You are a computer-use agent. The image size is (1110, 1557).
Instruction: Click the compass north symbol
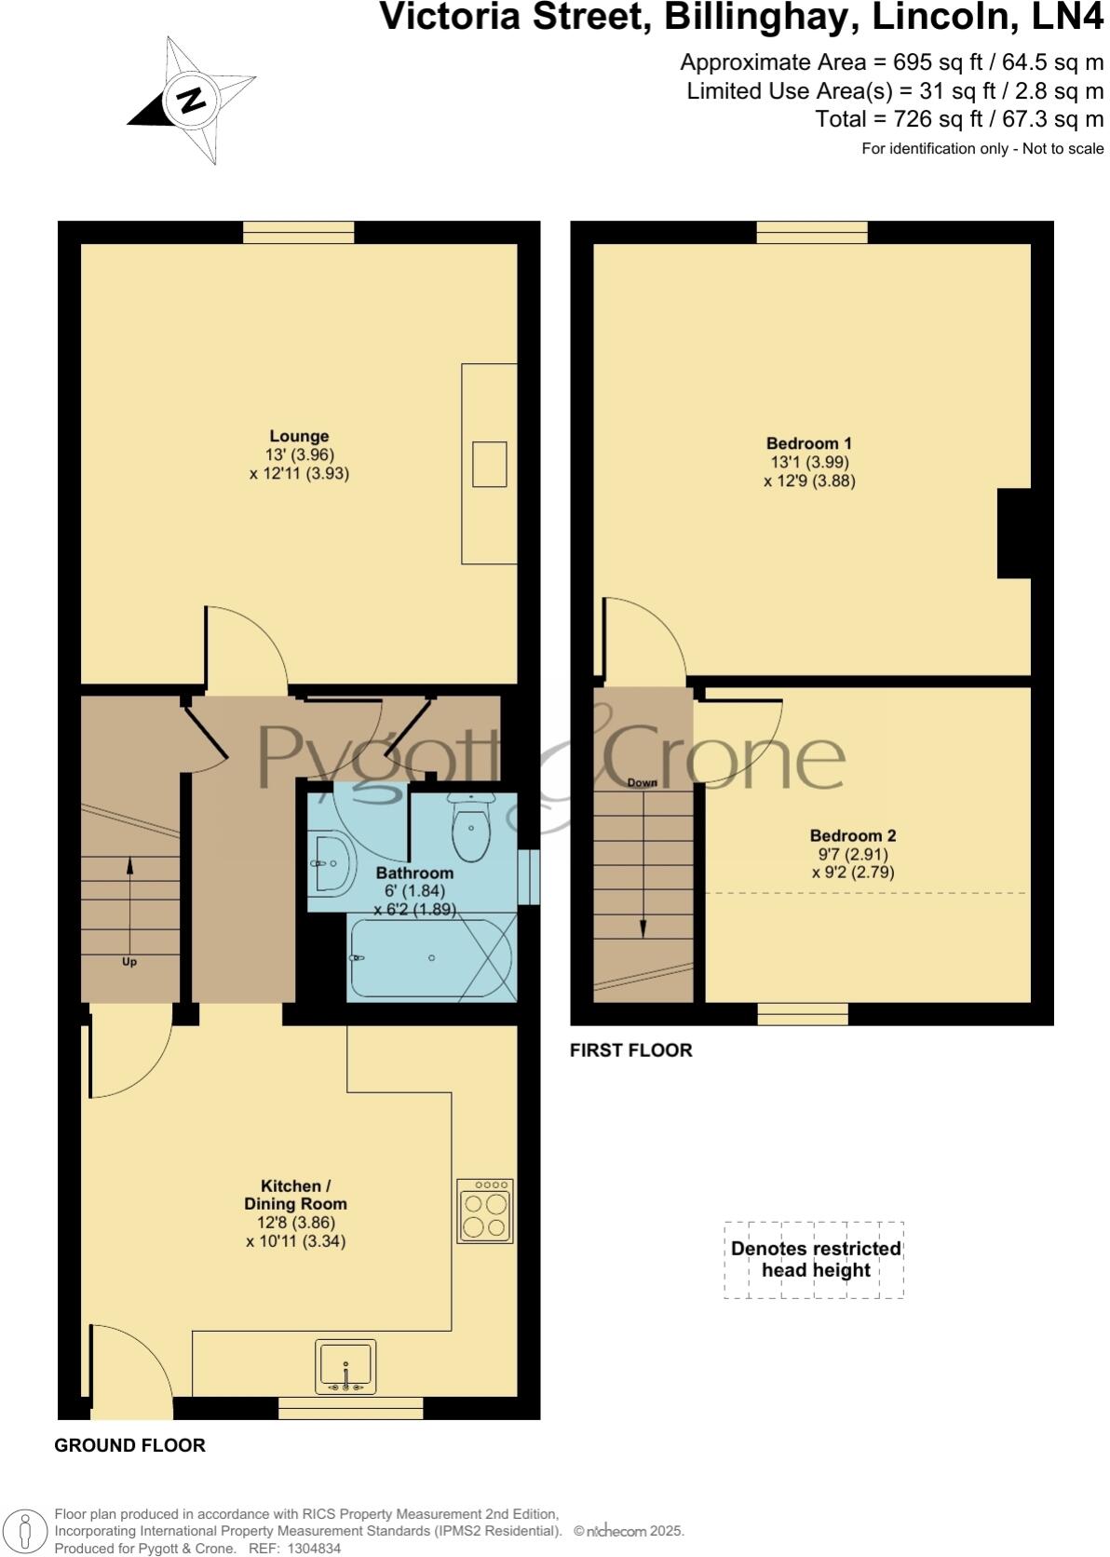[192, 100]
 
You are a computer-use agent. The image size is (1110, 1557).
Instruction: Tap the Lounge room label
[299, 436]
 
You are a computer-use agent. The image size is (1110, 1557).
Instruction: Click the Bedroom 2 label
[852, 835]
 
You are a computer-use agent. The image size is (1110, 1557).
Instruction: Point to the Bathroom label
[414, 873]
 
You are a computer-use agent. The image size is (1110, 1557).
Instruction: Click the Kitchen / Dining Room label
[295, 1195]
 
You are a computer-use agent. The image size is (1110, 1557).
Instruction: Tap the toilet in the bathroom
[471, 828]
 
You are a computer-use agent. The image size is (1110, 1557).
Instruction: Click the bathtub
[431, 958]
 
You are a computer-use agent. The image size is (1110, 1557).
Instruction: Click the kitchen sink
[345, 1366]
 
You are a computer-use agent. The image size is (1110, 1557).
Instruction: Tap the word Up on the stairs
[129, 962]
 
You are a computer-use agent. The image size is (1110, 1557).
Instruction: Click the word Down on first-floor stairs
[642, 782]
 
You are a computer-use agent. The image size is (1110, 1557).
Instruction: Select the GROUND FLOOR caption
[129, 1445]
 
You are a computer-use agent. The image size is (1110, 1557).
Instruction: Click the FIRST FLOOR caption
[630, 1050]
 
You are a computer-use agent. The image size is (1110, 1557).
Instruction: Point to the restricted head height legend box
[815, 1260]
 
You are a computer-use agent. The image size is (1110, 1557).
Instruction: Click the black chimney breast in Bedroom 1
[1013, 534]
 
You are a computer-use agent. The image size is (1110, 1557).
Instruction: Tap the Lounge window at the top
[298, 233]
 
